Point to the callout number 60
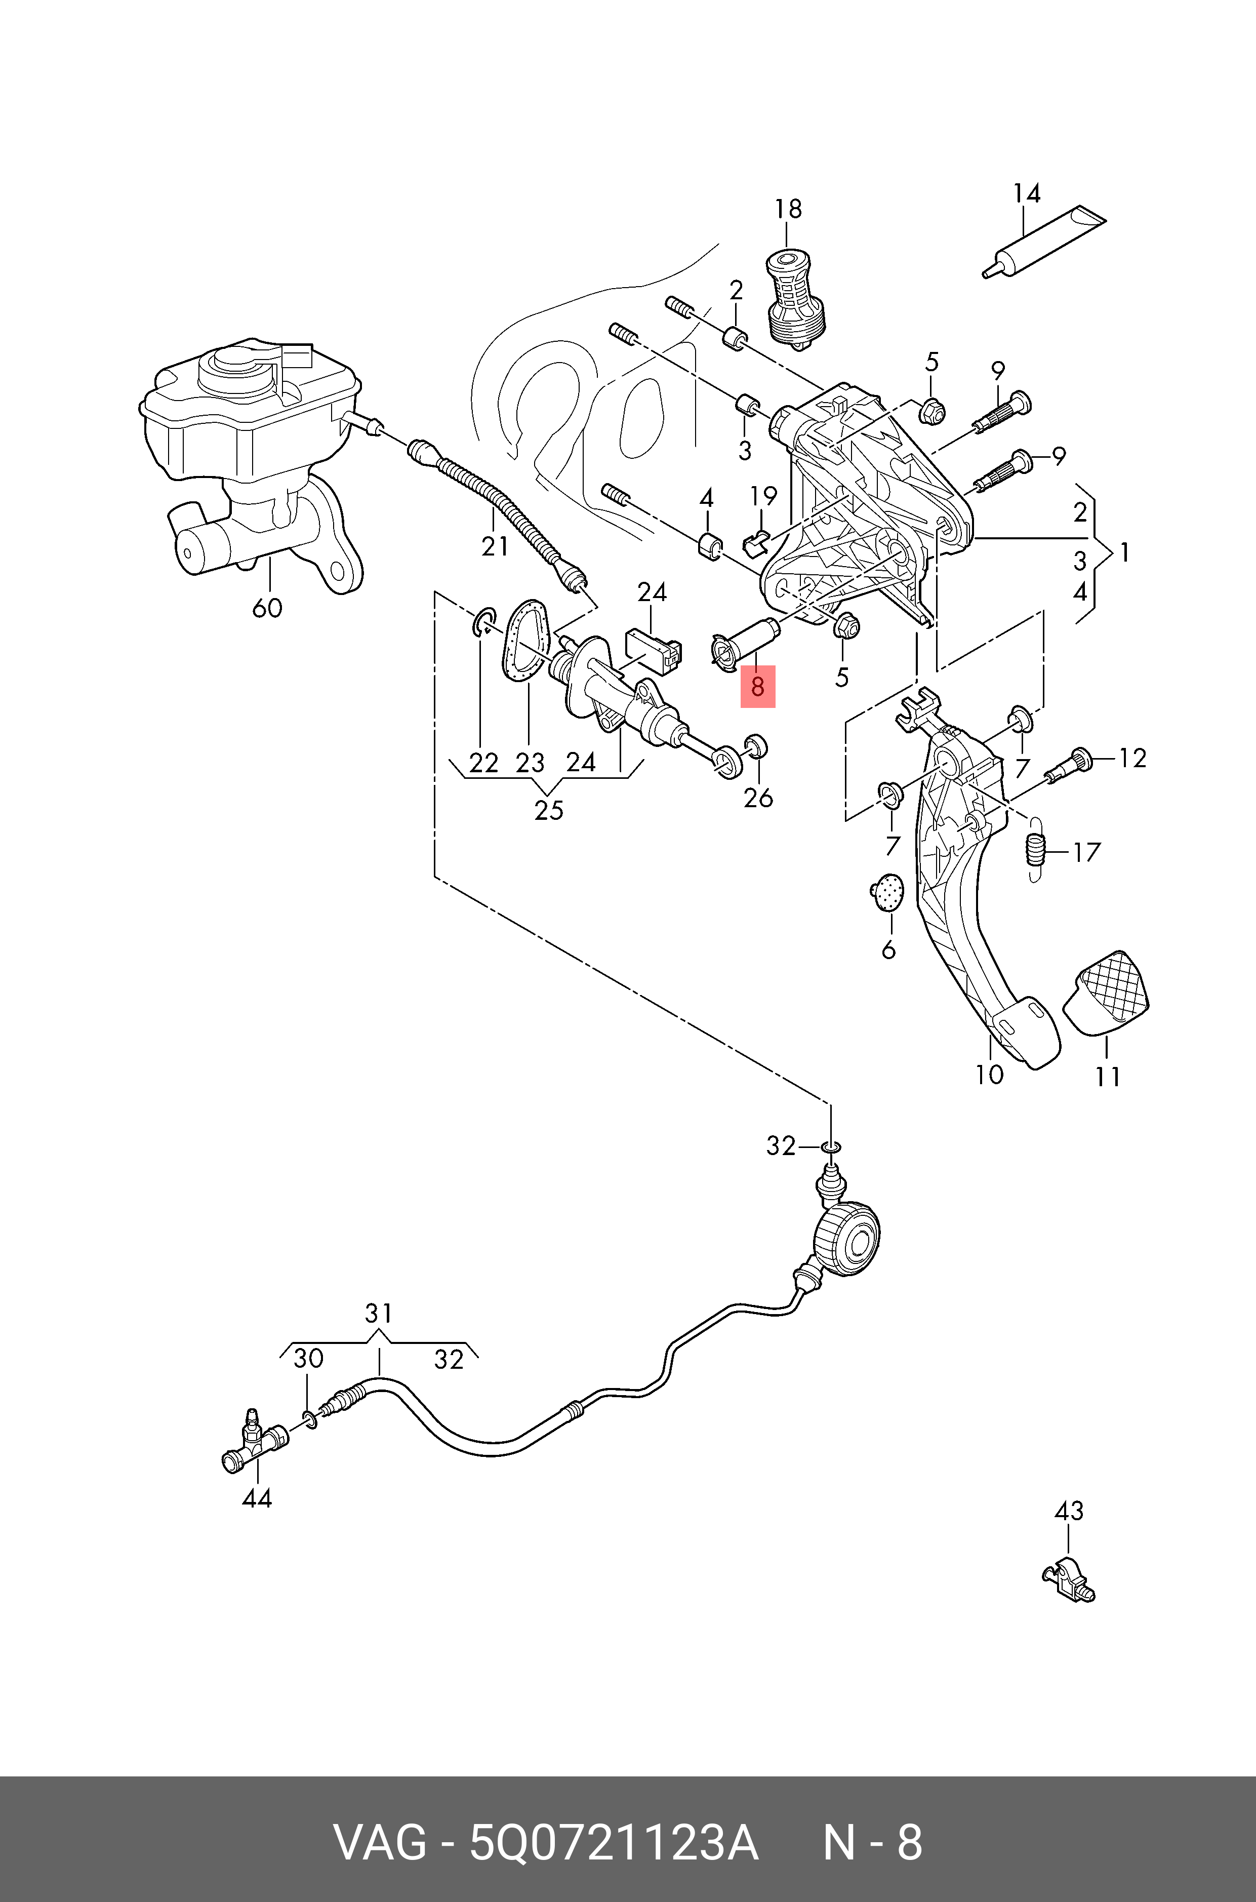(267, 608)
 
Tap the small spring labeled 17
(1036, 850)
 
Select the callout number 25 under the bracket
(549, 811)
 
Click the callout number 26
(758, 798)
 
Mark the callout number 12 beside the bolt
(1132, 758)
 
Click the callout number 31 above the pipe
(378, 1314)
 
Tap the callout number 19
(764, 497)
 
